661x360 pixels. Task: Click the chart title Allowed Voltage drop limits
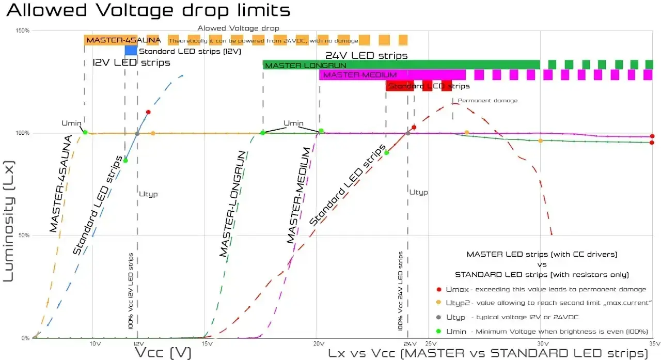148,10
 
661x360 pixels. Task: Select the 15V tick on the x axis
207,343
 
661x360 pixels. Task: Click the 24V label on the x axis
410,343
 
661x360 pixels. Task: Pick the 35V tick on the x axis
653,343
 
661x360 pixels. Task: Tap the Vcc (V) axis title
162,352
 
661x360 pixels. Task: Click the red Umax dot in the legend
439,289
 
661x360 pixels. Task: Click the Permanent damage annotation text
487,101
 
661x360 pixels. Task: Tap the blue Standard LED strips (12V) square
131,51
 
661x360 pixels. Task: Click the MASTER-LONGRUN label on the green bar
305,66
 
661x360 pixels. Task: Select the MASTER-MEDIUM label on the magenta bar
359,75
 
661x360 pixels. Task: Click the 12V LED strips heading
131,63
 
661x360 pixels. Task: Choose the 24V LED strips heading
366,55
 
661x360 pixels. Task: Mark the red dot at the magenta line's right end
652,136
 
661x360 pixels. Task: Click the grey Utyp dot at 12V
137,134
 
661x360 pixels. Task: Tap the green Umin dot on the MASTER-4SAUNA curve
85,132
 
